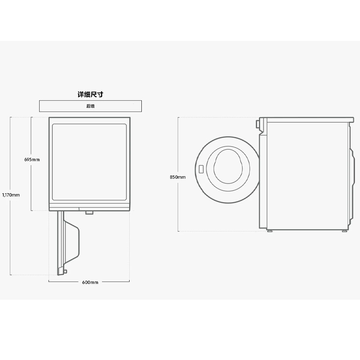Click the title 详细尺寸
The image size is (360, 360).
[x=90, y=94]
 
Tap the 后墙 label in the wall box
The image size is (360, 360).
[x=90, y=106]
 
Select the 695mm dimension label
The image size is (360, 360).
[x=32, y=159]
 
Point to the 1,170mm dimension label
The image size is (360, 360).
[x=11, y=195]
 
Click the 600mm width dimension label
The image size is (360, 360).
[x=90, y=282]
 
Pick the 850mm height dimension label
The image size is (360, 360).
[x=177, y=177]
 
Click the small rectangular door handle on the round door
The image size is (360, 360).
[x=201, y=170]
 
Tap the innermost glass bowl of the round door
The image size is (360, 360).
[x=228, y=166]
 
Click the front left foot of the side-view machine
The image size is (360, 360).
[x=270, y=230]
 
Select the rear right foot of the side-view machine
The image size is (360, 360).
[x=344, y=230]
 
